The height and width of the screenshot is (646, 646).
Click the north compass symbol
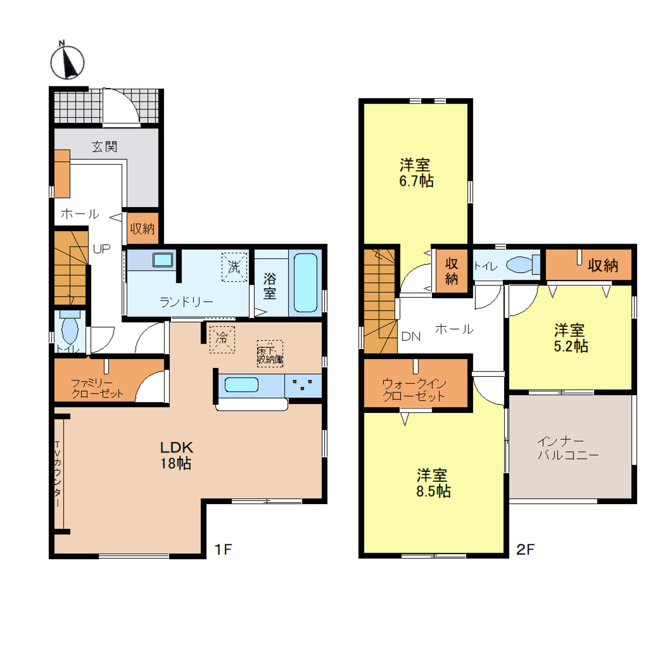point(67,62)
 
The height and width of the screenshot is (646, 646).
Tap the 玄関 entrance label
point(104,146)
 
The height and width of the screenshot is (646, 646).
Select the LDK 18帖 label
point(176,455)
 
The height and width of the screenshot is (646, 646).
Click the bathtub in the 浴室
point(305,282)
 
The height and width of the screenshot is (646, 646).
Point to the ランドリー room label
point(186,302)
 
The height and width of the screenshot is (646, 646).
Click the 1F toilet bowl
point(70,330)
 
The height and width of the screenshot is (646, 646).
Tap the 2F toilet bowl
point(519,265)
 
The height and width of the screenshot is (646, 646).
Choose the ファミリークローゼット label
point(97,388)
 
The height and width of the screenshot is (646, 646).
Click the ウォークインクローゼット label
point(414,389)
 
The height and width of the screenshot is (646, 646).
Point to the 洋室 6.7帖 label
point(416,173)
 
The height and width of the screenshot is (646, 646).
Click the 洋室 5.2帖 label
point(570,338)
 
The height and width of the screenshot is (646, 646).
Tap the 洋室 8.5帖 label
point(433,483)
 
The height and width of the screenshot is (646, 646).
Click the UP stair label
point(101,248)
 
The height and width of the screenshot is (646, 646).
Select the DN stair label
point(411,336)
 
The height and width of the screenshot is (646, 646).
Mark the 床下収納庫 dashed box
point(270,354)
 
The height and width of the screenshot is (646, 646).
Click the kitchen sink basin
point(241,385)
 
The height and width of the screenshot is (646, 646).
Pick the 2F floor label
point(525,549)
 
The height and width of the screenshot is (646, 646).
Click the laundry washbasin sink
point(163,260)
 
